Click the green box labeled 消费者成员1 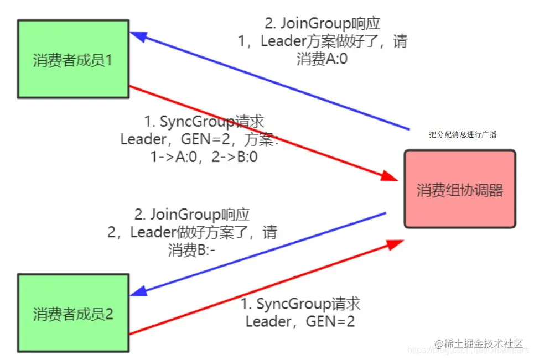(x=73, y=59)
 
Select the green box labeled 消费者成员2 (x=73, y=314)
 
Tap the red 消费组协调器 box (x=459, y=189)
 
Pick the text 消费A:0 (x=322, y=59)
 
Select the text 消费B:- (x=192, y=250)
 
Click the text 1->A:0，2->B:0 (x=205, y=156)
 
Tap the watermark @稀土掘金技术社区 (x=479, y=343)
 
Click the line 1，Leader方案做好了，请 (x=323, y=41)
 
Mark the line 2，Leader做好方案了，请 (x=192, y=232)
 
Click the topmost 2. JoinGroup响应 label (x=323, y=24)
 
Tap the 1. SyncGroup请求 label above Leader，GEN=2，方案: (x=204, y=122)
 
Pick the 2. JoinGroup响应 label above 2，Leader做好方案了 (x=192, y=215)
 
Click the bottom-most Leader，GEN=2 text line (x=300, y=321)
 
